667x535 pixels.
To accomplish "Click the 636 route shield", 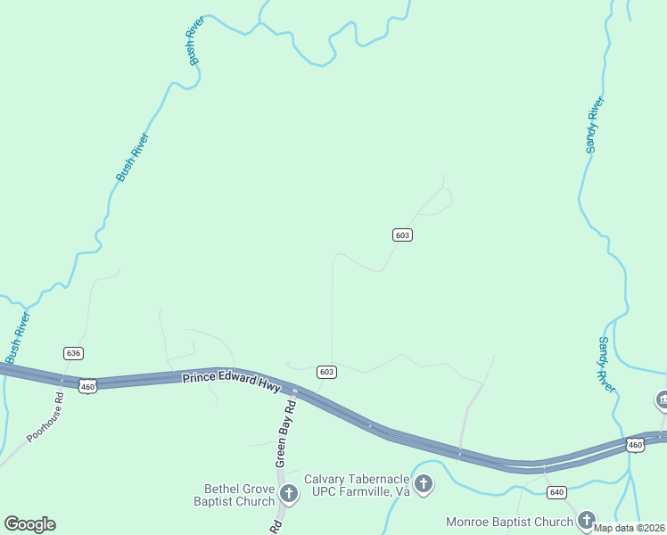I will pyautogui.click(x=73, y=354).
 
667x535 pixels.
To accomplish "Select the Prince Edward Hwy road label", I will pyautogui.click(x=231, y=378).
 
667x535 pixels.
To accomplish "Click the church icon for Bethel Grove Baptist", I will pyautogui.click(x=288, y=493).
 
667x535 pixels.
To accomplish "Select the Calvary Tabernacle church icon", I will pyautogui.click(x=424, y=485).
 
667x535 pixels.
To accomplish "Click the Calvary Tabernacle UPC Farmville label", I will pyautogui.click(x=356, y=485).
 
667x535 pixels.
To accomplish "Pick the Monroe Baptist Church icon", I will pyautogui.click(x=586, y=519).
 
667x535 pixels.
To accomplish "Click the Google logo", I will pyautogui.click(x=29, y=524).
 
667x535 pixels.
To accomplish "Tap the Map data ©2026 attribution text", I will pyautogui.click(x=630, y=528).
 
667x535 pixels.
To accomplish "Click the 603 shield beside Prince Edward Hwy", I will pyautogui.click(x=326, y=371).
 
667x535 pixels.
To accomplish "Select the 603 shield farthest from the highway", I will pyautogui.click(x=402, y=235).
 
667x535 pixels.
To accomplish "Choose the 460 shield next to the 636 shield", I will pyautogui.click(x=86, y=386).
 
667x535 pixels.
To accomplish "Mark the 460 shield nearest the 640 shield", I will pyautogui.click(x=634, y=444).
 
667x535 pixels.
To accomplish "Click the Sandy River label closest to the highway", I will pyautogui.click(x=606, y=364).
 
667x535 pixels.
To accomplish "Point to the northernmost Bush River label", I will pyautogui.click(x=192, y=40).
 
